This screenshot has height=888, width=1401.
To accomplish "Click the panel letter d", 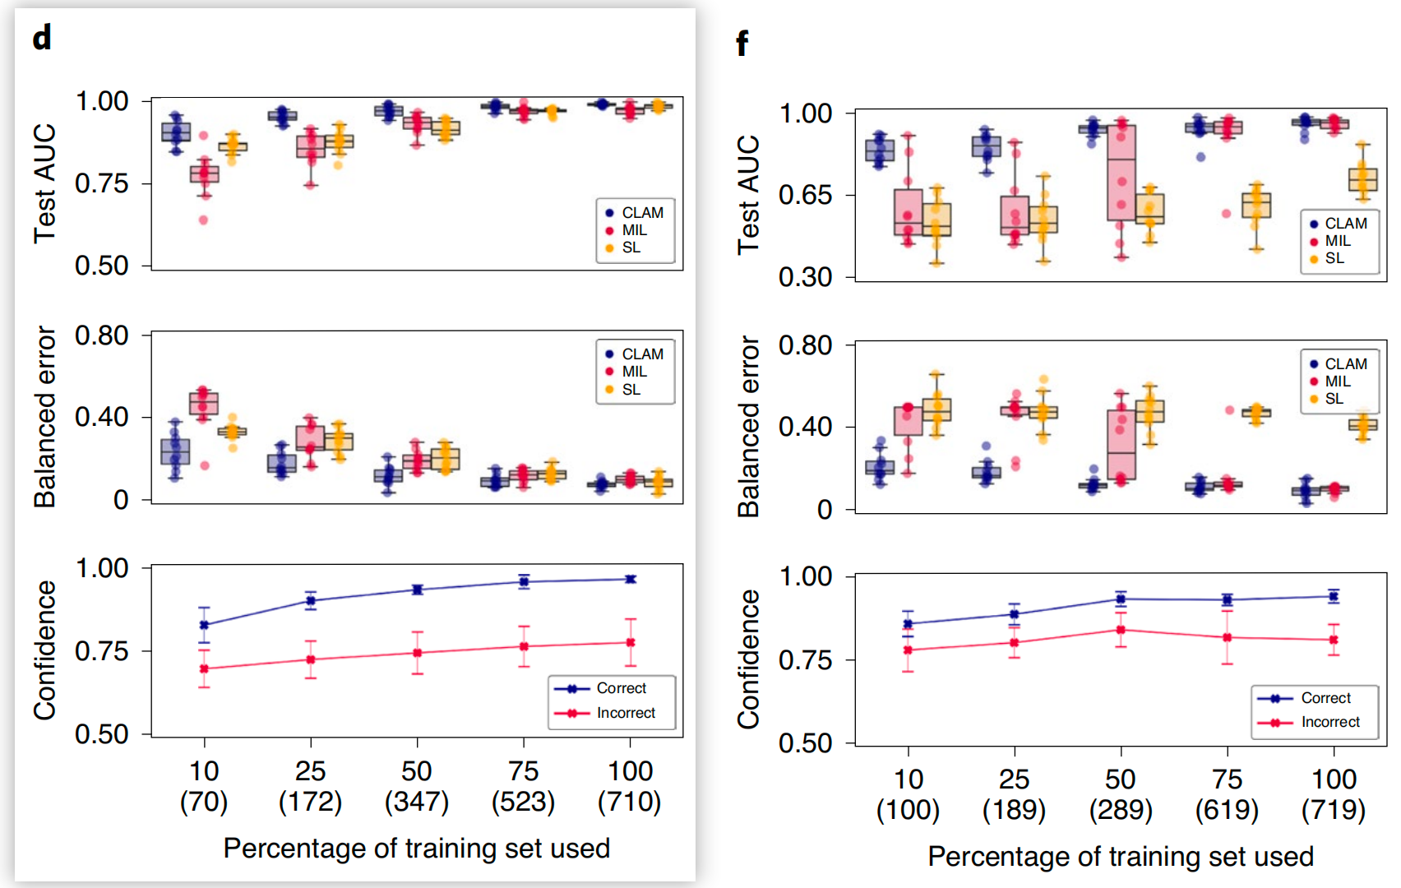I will (42, 37).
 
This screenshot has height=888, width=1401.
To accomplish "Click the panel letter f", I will (742, 43).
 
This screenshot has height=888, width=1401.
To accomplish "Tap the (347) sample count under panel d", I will (417, 801).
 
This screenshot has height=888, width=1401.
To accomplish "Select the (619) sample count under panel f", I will (1227, 809).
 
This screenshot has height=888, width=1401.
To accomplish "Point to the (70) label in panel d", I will (204, 801).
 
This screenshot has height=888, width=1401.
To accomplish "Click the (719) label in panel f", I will (1334, 809).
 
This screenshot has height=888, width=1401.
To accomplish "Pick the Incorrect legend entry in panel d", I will (625, 713).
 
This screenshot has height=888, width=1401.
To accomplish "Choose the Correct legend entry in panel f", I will (1325, 698).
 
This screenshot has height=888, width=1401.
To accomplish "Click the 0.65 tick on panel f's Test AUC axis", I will (806, 195).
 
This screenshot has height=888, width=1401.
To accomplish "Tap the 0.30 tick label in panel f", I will (806, 277).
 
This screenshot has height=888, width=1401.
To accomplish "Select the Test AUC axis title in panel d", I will (44, 183).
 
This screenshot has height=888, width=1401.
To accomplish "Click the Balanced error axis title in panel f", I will (748, 426).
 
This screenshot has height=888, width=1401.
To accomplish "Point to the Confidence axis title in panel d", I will (44, 650).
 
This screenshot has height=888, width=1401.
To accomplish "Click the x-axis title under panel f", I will (1121, 857).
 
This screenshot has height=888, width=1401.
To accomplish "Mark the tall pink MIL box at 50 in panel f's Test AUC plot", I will (1121, 173).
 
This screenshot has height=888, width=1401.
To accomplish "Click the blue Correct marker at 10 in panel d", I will (204, 625).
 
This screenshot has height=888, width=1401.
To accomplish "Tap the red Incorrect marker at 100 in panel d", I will (631, 642).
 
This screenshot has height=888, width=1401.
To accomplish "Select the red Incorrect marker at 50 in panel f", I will (1121, 630).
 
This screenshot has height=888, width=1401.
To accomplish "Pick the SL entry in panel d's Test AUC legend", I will (631, 247).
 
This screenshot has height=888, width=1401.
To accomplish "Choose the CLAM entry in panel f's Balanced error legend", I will (1345, 363).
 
